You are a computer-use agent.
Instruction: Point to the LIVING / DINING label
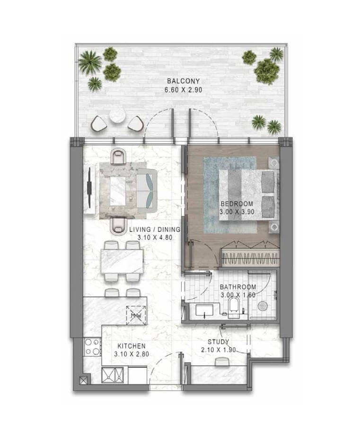pos(154,230)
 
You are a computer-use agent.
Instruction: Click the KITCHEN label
pos(129,346)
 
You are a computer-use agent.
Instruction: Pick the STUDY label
pos(218,342)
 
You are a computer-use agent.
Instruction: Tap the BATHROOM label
pos(238,287)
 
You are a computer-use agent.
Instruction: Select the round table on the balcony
pos(117,115)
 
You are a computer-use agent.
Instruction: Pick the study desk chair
pos(222,362)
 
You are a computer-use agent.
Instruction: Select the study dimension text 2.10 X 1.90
pos(218,350)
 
